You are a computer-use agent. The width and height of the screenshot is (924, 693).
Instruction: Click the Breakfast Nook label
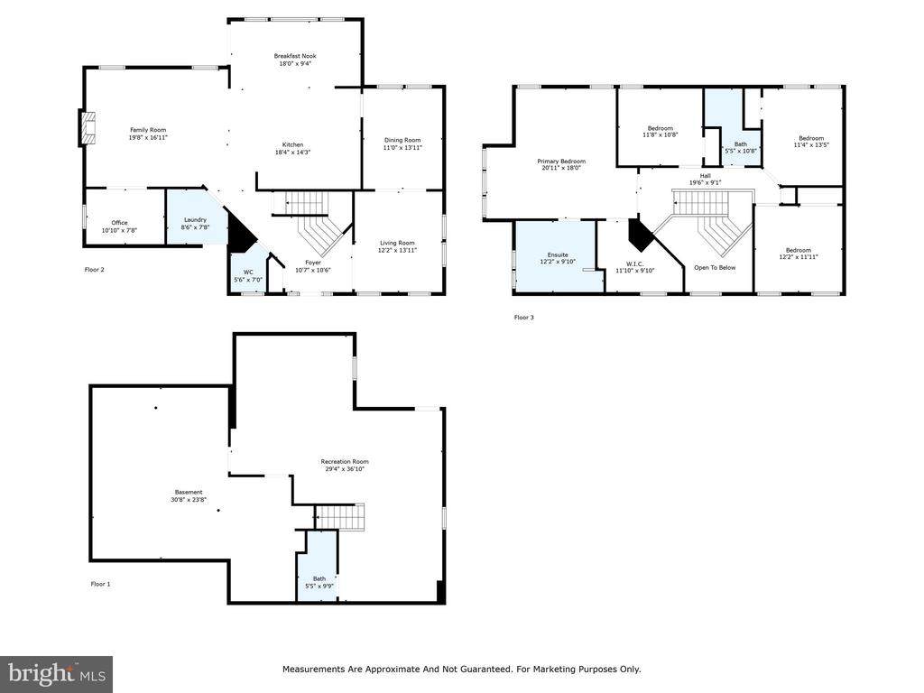click(295, 56)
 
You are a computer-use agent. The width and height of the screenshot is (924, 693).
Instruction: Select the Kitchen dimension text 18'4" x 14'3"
click(292, 152)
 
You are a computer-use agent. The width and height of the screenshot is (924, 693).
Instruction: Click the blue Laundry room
click(195, 216)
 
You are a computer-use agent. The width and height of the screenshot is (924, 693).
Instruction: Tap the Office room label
click(119, 223)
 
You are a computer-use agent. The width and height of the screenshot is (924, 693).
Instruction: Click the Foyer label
click(313, 263)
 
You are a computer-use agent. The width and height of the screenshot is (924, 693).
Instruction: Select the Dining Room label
click(402, 140)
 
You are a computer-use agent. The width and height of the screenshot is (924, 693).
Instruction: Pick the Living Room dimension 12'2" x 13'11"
click(397, 251)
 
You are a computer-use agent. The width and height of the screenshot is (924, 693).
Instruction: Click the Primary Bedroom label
click(561, 161)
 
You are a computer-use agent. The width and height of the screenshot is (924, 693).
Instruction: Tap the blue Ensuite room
click(559, 257)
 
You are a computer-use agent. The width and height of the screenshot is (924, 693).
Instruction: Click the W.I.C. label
click(634, 263)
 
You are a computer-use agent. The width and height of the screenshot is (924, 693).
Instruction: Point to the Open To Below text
click(715, 267)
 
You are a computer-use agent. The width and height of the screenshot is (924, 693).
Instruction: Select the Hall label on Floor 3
click(706, 176)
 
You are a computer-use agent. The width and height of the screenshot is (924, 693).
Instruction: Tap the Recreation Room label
click(345, 461)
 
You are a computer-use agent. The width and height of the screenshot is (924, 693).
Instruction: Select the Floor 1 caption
click(100, 584)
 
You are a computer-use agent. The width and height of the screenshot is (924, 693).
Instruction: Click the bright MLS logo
click(57, 674)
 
